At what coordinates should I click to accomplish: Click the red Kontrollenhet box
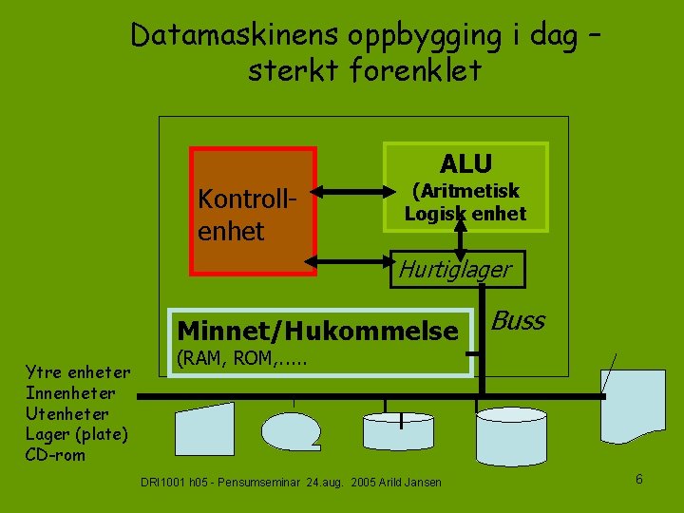click(253, 211)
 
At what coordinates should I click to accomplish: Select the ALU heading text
click(465, 162)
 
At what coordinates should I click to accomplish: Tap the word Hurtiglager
click(454, 270)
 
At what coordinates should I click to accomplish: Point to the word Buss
click(519, 321)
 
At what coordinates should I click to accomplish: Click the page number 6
click(639, 479)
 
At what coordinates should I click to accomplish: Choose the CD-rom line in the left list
click(56, 454)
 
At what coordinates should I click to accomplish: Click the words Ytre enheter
click(78, 372)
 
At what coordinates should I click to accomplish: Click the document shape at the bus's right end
click(635, 404)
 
